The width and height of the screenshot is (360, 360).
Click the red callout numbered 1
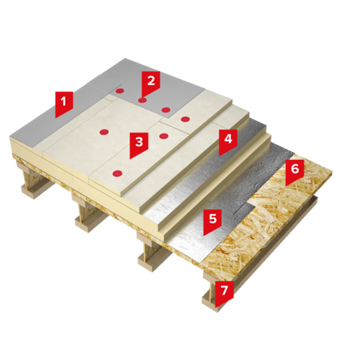[x=63, y=104]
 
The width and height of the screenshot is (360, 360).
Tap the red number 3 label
[x=139, y=145]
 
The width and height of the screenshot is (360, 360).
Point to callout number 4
[x=228, y=142]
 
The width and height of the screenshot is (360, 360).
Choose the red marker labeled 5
[x=212, y=221]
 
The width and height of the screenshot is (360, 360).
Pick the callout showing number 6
[x=294, y=172]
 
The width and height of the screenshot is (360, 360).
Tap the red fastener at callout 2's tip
[x=143, y=100]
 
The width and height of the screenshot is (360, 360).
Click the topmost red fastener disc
[x=120, y=91]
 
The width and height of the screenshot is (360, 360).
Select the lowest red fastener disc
[x=117, y=173]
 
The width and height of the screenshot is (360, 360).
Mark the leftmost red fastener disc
[x=104, y=132]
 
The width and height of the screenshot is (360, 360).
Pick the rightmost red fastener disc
[x=185, y=119]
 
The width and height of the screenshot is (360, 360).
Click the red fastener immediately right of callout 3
[x=163, y=136]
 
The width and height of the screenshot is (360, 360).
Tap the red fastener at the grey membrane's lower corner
[x=166, y=110]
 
